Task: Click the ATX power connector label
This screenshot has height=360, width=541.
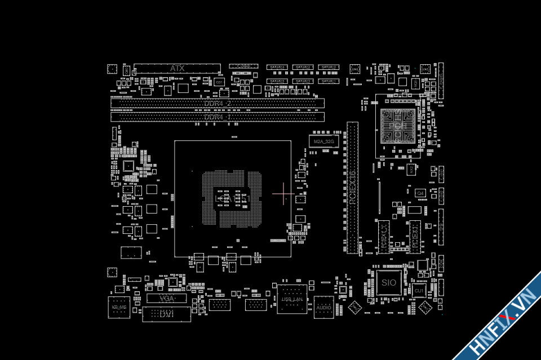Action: coord(177,68)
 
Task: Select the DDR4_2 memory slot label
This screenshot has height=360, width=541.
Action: coord(218,104)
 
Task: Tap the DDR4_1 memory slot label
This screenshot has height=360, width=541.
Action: coord(218,117)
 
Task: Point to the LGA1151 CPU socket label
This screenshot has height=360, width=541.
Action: coord(232,199)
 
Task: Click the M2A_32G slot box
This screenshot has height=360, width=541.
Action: coord(323,141)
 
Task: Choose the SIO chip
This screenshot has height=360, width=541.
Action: coord(389,282)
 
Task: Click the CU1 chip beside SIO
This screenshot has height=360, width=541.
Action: coord(419,291)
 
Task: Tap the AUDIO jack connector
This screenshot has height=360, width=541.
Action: coord(324,308)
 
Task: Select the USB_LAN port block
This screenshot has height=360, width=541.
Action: coord(292,300)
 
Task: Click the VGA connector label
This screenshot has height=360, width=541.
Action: coord(166,298)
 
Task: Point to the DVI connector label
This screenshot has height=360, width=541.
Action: coord(166,314)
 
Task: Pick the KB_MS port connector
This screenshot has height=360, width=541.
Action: coord(119,308)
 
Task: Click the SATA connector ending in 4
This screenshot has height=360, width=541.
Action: coord(277,68)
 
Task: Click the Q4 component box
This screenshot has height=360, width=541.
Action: coord(420,193)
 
